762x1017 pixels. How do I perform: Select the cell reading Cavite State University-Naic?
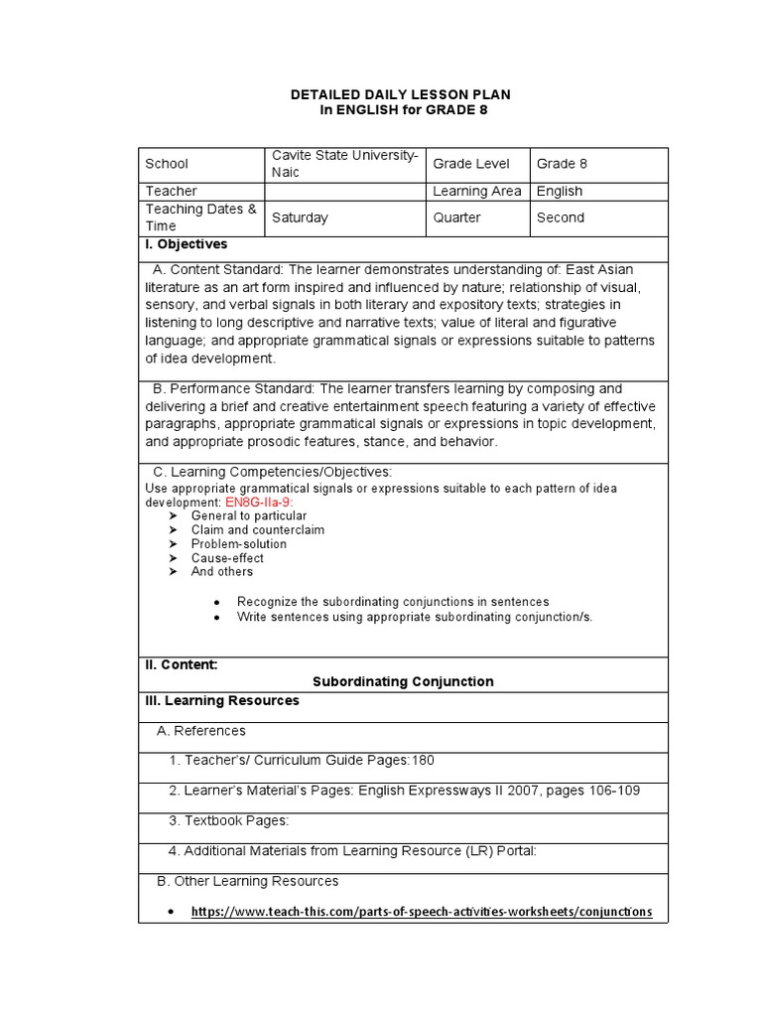coord(345,163)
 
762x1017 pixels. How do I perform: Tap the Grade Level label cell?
coord(471,164)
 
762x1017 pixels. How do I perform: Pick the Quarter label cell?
coord(457,218)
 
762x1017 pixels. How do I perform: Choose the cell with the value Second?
coord(561,218)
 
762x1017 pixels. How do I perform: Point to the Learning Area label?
coord(477,191)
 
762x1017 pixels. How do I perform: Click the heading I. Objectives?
coord(187,244)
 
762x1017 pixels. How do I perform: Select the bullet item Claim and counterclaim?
coord(258,530)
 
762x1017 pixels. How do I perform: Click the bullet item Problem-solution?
coord(239,544)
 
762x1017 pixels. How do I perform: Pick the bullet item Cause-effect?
coord(227,558)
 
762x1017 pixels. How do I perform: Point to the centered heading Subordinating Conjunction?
coord(403,682)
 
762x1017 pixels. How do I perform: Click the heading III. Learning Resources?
coord(222,701)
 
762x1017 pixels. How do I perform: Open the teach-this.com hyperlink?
coord(422,912)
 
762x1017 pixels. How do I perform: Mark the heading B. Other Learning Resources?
coord(248,881)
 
